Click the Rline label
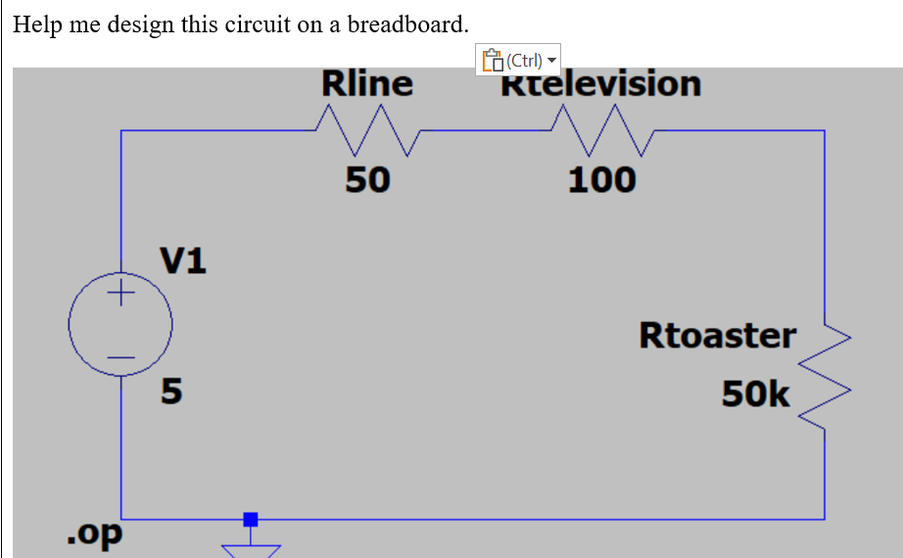[x=367, y=84]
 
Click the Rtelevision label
[x=601, y=85]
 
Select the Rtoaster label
[x=717, y=335]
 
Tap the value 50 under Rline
[x=367, y=179]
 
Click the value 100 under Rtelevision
[x=601, y=179]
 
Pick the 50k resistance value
[x=755, y=394]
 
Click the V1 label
[x=183, y=260]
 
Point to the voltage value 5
[x=171, y=393]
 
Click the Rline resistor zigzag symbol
[x=367, y=131]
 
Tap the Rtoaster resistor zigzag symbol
[x=825, y=378]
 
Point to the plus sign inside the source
[x=121, y=293]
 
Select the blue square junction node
[x=251, y=519]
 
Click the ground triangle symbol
[x=251, y=551]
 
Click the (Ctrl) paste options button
[x=519, y=61]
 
